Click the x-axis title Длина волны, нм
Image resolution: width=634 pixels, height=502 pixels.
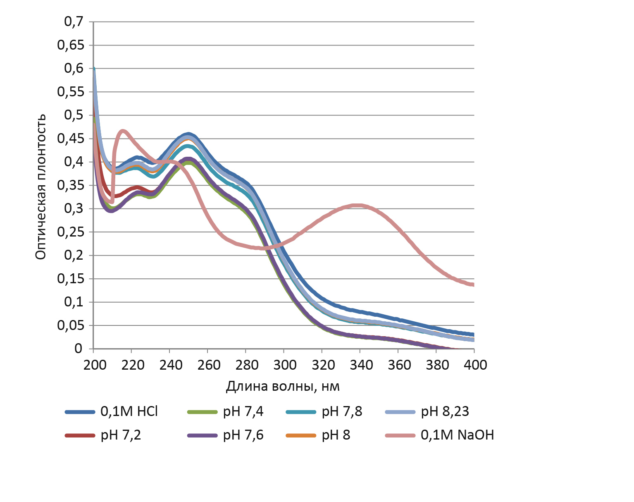pyautogui.click(x=283, y=386)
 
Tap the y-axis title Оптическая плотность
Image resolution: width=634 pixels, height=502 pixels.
pyautogui.click(x=40, y=187)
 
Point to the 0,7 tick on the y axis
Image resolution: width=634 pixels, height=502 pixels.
pyautogui.click(x=74, y=22)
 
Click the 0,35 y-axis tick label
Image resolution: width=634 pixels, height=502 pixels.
pyautogui.click(x=70, y=185)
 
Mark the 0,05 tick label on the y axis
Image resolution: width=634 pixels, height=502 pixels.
pyautogui.click(x=70, y=325)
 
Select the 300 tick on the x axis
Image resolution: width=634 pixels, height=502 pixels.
pyautogui.click(x=284, y=365)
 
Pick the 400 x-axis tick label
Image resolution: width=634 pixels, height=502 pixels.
pyautogui.click(x=475, y=365)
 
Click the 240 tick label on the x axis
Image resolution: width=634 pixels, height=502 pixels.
pyautogui.click(x=170, y=365)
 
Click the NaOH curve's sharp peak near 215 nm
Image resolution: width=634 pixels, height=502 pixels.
pyautogui.click(x=123, y=131)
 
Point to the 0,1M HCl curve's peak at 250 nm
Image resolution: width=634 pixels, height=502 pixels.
pyautogui.click(x=189, y=134)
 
